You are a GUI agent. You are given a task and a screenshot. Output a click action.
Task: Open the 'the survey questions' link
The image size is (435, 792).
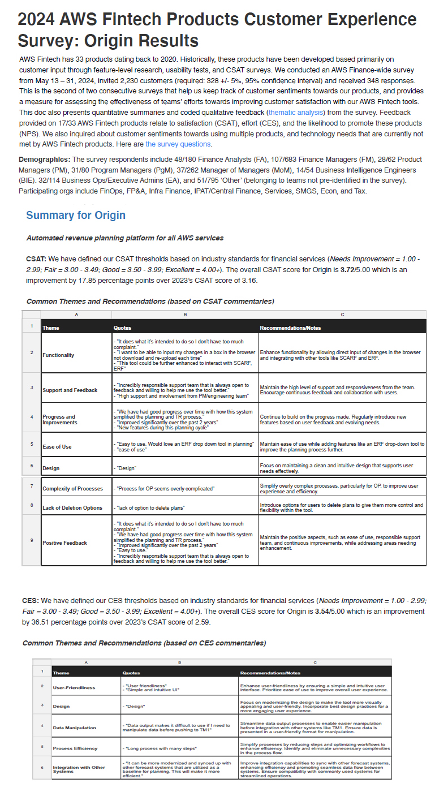coord(178,144)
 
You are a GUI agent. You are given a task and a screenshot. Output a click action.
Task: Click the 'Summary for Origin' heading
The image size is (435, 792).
coord(76,215)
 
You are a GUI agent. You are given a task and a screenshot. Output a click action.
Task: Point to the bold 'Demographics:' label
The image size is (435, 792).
coord(45,160)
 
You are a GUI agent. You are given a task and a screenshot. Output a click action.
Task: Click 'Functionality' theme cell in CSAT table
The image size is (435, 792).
coord(58,355)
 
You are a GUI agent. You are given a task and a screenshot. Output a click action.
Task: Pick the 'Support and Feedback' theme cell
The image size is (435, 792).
coord(70,390)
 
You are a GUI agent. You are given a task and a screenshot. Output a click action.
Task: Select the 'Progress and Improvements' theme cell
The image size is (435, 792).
coord(59,419)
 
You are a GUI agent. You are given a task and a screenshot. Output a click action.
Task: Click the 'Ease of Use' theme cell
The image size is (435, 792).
coord(57,446)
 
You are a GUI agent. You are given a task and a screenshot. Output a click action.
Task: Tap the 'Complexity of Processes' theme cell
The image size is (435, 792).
coord(72,488)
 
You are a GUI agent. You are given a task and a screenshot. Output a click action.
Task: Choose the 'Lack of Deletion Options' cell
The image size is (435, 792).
coord(72,507)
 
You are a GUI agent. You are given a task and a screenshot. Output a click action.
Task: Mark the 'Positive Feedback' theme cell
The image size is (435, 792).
coord(64,543)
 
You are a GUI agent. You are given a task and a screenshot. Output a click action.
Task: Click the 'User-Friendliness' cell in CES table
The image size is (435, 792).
coord(74,687)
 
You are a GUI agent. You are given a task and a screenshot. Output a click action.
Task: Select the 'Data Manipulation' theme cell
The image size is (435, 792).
coord(74,728)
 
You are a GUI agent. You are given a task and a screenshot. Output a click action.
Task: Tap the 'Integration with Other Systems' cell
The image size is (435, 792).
coord(79,769)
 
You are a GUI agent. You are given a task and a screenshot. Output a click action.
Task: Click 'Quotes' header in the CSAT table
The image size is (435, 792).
coord(123,328)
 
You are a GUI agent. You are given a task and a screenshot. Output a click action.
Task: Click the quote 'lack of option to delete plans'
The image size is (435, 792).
coord(149,507)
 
